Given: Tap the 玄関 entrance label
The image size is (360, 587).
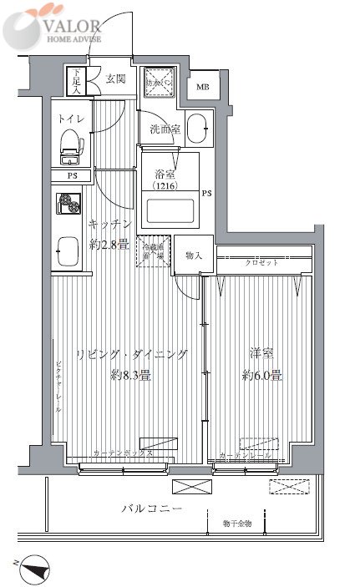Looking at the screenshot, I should tap(115, 79).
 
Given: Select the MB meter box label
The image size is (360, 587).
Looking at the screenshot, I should tap(203, 87).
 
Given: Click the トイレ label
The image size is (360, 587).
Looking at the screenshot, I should tap(70, 119).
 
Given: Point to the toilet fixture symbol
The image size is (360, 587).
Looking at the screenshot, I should tap(69, 144).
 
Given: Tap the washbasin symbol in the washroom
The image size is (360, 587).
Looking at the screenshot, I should tap(197, 129).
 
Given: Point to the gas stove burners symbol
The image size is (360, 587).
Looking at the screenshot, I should tap(67, 205).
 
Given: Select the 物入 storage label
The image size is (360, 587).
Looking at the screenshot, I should tap(193, 256).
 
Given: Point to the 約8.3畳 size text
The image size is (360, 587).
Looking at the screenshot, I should tap(131, 375).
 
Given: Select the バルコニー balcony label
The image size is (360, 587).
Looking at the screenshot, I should tap(151, 509).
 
